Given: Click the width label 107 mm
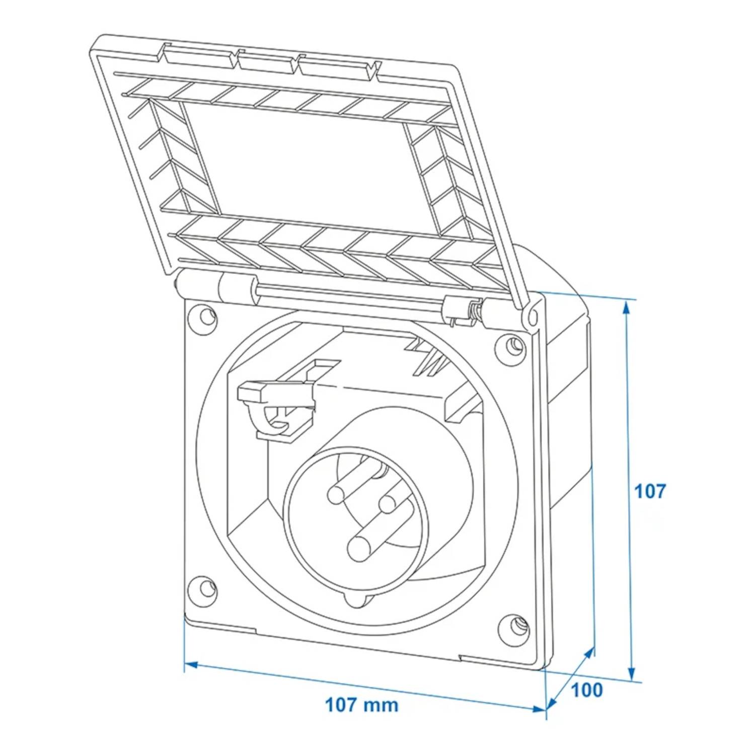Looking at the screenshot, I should click(x=361, y=704).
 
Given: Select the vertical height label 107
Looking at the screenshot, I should click(x=649, y=491).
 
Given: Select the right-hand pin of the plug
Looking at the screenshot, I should click(x=389, y=502).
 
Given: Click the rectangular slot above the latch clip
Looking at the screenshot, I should click(x=323, y=364).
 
